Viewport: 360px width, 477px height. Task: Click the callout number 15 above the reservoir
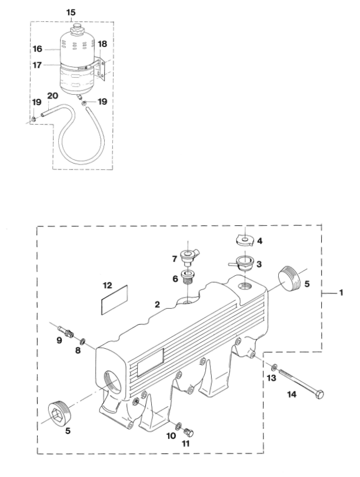point(71,13)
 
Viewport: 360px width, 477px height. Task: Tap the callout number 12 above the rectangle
point(108,285)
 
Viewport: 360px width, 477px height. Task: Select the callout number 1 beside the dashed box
point(341,293)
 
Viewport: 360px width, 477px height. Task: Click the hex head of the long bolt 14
point(319,395)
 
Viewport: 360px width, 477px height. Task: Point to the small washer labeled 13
point(274,367)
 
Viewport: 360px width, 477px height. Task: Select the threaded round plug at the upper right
point(289,276)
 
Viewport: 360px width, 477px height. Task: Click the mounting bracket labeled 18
point(101,68)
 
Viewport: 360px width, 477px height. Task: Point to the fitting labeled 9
point(66,331)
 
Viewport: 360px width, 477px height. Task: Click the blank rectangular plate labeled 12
point(114,300)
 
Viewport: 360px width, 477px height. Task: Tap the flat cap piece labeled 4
point(245,240)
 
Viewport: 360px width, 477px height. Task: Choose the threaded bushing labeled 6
point(189,277)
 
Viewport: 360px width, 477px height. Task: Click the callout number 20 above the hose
point(52,96)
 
